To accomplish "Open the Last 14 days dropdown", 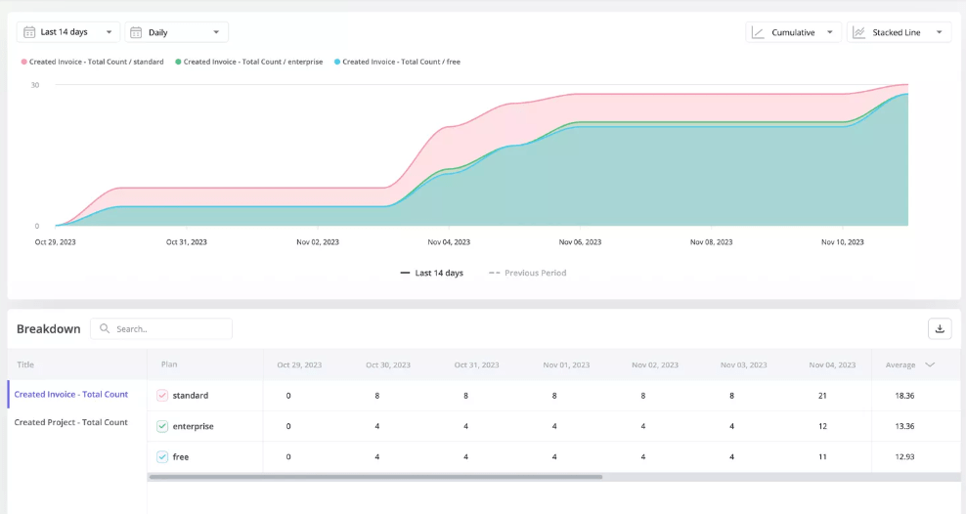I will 68,32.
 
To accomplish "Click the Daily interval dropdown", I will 176,32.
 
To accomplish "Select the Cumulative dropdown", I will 792,32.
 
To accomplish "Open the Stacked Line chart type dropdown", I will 899,32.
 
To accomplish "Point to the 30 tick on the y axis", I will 35,85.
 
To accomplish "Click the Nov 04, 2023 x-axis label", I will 449,242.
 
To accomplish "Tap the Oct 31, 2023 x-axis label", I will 186,242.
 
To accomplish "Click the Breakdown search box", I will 166,329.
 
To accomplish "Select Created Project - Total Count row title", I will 70,422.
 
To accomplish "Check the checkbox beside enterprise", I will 162,426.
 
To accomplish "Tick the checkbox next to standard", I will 162,396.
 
